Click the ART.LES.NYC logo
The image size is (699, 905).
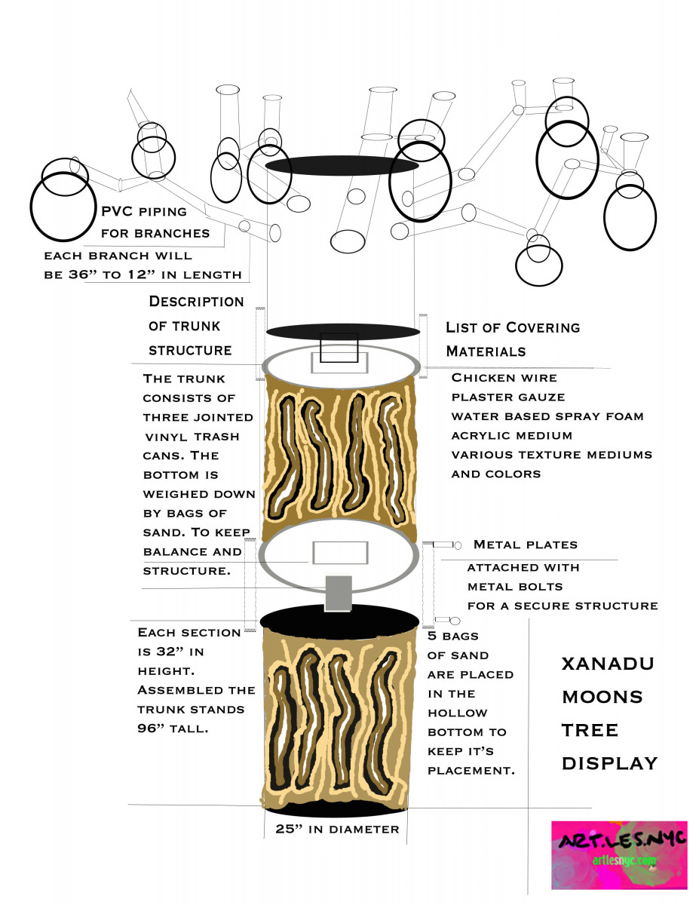(x=619, y=855)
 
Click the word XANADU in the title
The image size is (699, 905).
(x=608, y=664)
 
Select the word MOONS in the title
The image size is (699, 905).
(x=602, y=697)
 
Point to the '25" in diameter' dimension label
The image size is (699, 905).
(x=337, y=829)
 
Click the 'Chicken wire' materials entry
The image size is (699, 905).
(x=504, y=378)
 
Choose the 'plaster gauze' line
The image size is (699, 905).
(x=508, y=397)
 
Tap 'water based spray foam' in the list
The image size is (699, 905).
(x=547, y=416)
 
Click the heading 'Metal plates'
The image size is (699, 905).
(x=526, y=545)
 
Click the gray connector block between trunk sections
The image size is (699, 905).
(x=339, y=594)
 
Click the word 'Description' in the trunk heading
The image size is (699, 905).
(x=196, y=301)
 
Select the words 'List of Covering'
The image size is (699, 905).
(x=513, y=327)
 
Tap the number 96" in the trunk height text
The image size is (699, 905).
(x=149, y=729)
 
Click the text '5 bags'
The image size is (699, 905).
(x=453, y=636)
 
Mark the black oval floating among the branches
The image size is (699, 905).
(x=342, y=165)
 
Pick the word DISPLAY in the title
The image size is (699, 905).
(x=609, y=764)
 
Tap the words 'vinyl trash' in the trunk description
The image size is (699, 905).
(x=192, y=437)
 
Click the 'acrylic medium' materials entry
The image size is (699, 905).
(x=512, y=436)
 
